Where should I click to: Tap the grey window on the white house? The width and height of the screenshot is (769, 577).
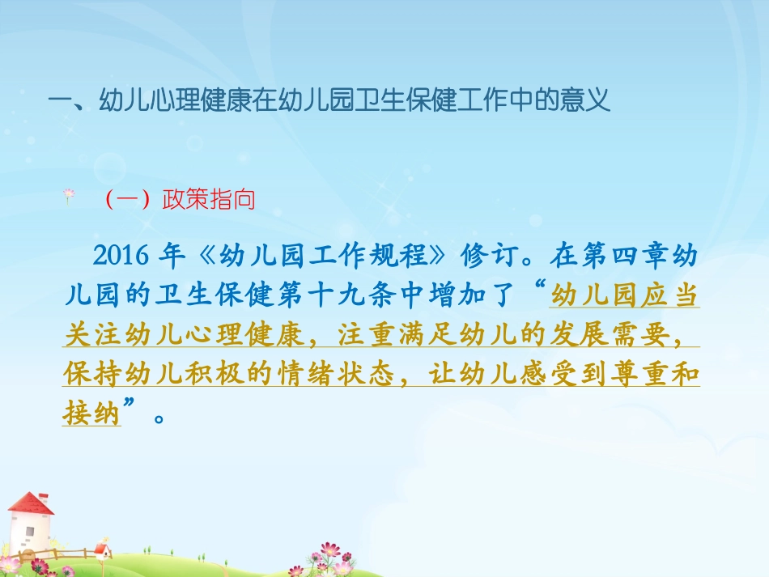pyautogui.click(x=29, y=533)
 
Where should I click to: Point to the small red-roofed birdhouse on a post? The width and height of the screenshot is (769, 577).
pyautogui.click(x=102, y=550)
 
